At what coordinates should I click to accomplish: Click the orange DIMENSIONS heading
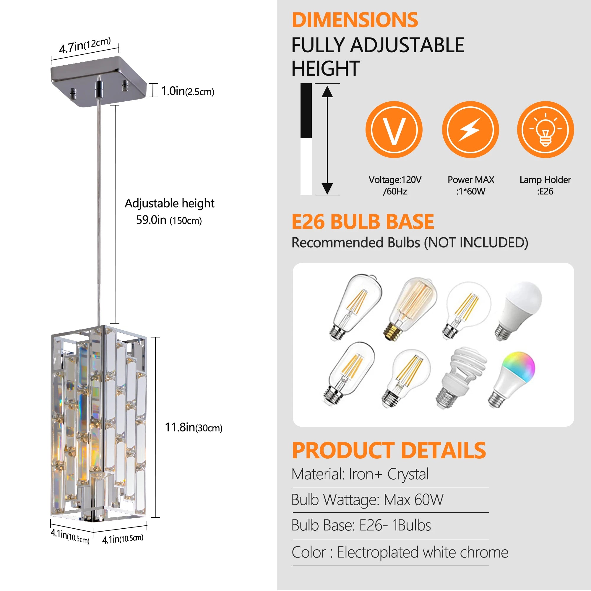pyautogui.click(x=355, y=20)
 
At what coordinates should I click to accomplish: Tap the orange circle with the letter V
pyautogui.click(x=394, y=130)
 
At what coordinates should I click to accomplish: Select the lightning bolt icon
pyautogui.click(x=470, y=130)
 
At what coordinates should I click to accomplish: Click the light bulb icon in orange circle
pyautogui.click(x=545, y=130)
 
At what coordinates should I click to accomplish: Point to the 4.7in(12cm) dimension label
pyautogui.click(x=85, y=45)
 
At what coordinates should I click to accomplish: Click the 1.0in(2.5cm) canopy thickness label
pyautogui.click(x=187, y=91)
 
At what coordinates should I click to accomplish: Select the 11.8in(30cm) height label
pyautogui.click(x=193, y=427)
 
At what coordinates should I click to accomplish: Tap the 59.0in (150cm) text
pyautogui.click(x=168, y=220)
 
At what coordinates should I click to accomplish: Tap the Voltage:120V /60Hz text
pyautogui.click(x=394, y=185)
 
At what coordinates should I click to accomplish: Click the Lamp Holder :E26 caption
pyautogui.click(x=545, y=185)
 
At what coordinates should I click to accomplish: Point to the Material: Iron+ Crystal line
pyautogui.click(x=360, y=474)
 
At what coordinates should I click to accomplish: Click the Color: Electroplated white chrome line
pyautogui.click(x=400, y=553)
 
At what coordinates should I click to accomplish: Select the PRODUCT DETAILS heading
pyautogui.click(x=389, y=451)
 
